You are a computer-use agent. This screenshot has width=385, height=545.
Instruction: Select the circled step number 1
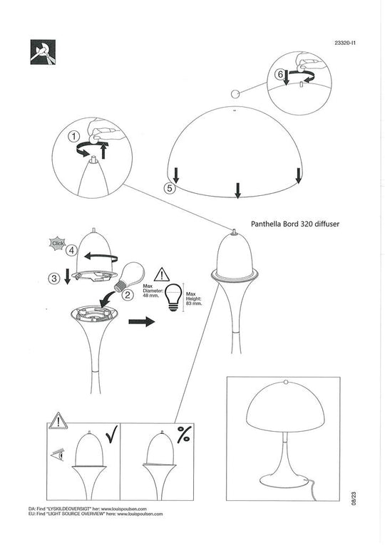pyautogui.click(x=73, y=135)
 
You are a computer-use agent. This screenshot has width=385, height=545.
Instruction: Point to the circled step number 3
pyautogui.click(x=54, y=279)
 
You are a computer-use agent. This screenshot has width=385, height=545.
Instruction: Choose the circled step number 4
pyautogui.click(x=72, y=250)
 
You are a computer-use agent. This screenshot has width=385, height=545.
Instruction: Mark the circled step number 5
pyautogui.click(x=169, y=189)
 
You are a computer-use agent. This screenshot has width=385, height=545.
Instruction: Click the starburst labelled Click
pyautogui.click(x=58, y=242)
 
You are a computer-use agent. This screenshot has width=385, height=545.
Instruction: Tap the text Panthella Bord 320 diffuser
pyautogui.click(x=297, y=223)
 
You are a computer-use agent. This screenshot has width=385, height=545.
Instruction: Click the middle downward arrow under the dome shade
pyautogui.click(x=237, y=189)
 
